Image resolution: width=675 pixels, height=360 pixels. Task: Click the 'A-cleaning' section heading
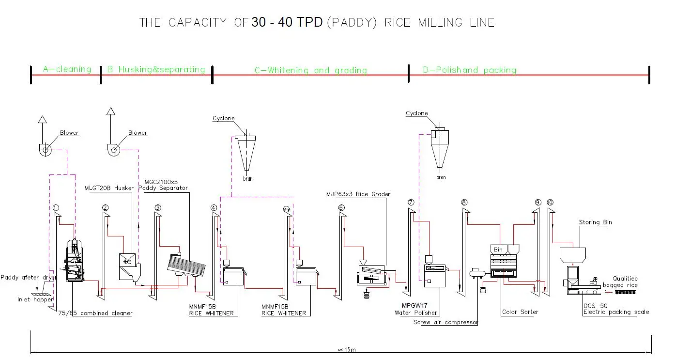[x=67, y=69]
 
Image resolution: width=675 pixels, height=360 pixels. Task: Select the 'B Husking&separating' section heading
[x=156, y=69]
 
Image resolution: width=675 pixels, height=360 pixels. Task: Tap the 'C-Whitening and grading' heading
[x=310, y=70]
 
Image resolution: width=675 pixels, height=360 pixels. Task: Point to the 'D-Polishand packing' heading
[x=469, y=70]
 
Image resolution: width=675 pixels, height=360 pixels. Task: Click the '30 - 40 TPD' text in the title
[x=287, y=22]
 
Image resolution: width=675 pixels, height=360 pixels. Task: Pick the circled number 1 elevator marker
[x=56, y=208]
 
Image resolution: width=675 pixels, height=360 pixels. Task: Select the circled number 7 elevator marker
[x=411, y=202]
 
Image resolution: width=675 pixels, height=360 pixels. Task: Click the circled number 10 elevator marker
[x=549, y=202]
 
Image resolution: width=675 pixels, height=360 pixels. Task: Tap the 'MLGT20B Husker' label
[x=109, y=188]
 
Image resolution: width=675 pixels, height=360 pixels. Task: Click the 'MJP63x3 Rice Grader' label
[x=358, y=194]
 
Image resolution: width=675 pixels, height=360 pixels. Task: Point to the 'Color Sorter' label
[x=520, y=312]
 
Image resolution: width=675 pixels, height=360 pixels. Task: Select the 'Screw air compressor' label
[x=445, y=322]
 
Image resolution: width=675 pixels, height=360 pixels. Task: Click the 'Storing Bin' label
[x=595, y=222]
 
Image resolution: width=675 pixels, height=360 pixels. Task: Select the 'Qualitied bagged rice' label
[x=625, y=282]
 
